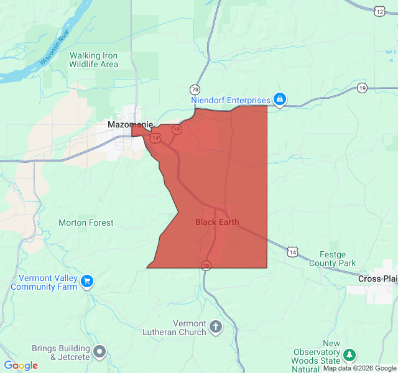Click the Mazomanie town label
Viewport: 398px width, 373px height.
(x=130, y=124)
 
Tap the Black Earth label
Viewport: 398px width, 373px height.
(x=217, y=222)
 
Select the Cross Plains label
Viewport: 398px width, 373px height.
(x=377, y=279)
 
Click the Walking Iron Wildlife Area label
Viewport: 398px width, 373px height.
(x=93, y=60)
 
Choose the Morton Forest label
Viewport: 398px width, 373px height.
(x=86, y=223)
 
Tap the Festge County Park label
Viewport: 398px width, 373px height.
(x=337, y=259)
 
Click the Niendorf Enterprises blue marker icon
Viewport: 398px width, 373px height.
(x=280, y=99)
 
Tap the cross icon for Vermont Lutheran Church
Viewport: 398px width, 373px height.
(x=216, y=326)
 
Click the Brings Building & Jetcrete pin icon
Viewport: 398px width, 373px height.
(x=99, y=352)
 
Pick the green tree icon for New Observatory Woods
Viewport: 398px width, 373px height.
(x=349, y=354)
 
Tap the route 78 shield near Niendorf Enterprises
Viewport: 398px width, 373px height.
(x=195, y=89)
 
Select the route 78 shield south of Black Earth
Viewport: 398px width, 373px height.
(x=205, y=266)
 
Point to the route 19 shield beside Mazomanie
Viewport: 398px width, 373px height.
(x=177, y=129)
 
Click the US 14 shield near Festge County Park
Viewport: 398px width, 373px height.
(x=292, y=251)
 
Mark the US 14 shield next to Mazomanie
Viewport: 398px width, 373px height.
(x=155, y=138)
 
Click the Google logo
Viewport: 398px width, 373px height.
(x=21, y=366)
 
